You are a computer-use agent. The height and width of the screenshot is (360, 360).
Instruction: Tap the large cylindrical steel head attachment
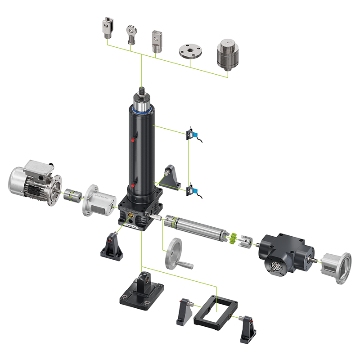[x=227, y=55]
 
